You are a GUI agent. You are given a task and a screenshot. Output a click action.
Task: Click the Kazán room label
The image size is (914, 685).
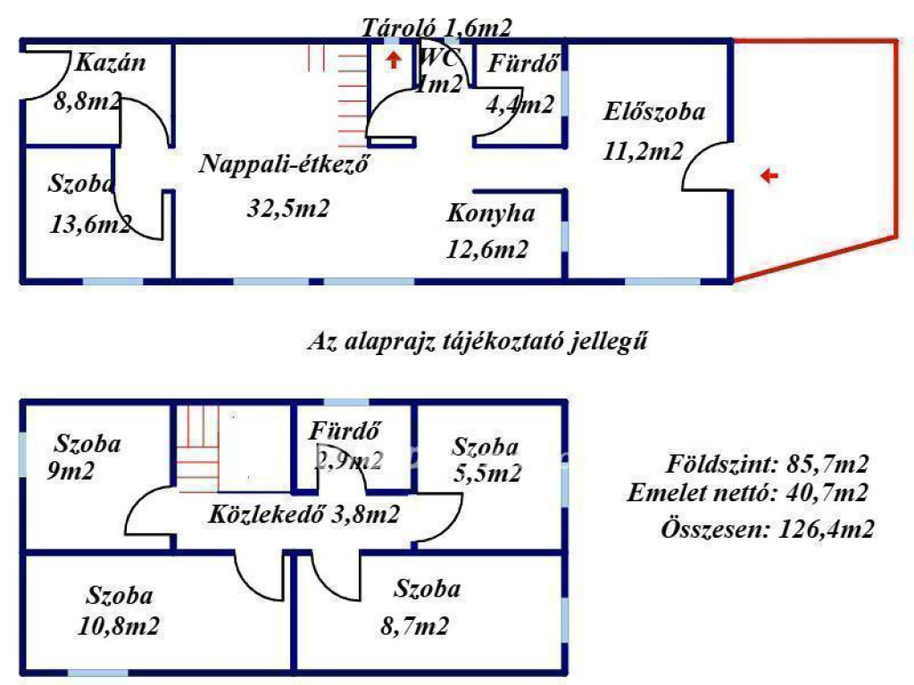pos(110,62)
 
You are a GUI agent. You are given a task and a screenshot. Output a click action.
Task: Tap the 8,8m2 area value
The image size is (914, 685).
pos(88,101)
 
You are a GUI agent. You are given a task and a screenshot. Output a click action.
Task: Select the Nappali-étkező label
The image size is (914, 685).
pos(284,164)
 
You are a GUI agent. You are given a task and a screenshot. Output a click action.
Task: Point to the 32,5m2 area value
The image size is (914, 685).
pos(288,207)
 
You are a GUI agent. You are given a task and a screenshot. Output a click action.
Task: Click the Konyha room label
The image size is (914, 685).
pos(491,213)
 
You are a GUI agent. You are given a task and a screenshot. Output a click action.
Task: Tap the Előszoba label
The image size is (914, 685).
pos(654,111)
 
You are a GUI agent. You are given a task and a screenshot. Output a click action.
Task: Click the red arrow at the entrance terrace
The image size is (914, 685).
pos(769,175)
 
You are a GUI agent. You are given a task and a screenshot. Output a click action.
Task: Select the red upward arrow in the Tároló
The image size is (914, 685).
pos(394,60)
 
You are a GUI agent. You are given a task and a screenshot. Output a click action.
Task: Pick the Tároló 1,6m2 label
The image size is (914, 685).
pos(436,28)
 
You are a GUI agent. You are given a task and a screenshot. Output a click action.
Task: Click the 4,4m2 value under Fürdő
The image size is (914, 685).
pos(520,105)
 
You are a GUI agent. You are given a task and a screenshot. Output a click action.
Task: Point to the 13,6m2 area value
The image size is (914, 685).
pos(90,224)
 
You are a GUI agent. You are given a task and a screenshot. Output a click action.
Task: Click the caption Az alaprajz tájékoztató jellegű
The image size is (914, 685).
pos(478,341)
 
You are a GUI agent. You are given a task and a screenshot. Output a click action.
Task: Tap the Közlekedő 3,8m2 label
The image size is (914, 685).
pos(303,515)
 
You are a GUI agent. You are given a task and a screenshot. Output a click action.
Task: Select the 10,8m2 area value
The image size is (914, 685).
pos(119,626)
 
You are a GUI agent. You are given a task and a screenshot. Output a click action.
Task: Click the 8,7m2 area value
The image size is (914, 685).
pos(414,627)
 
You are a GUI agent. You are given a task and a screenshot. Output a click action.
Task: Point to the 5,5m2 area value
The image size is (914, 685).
pos(487,474)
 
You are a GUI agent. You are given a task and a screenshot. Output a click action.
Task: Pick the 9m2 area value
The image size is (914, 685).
pos(71,471)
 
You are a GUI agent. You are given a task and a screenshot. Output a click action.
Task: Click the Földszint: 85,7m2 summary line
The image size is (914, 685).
pos(767,464)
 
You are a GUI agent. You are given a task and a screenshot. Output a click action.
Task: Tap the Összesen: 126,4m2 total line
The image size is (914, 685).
pos(768,530)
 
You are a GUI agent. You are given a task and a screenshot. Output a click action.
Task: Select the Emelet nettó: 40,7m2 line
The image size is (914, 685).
pos(748,492)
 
